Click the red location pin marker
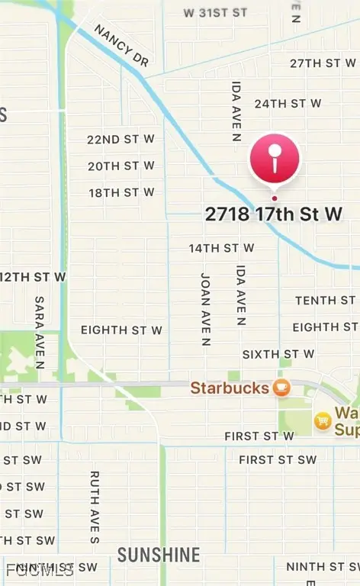click(x=275, y=159)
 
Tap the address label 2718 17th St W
click(x=273, y=214)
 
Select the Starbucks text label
click(x=229, y=388)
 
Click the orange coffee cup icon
click(x=282, y=388)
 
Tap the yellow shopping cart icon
click(x=323, y=420)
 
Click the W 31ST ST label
click(x=216, y=13)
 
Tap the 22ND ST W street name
click(x=121, y=139)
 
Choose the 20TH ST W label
click(x=121, y=166)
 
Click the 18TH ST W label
click(x=121, y=192)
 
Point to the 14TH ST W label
click(x=221, y=248)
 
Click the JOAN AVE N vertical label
click(x=205, y=309)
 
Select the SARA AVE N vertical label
click(x=40, y=333)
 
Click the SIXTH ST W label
click(x=278, y=354)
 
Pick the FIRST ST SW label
click(x=277, y=460)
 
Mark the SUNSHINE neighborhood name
click(x=159, y=555)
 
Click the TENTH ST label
click(x=325, y=301)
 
